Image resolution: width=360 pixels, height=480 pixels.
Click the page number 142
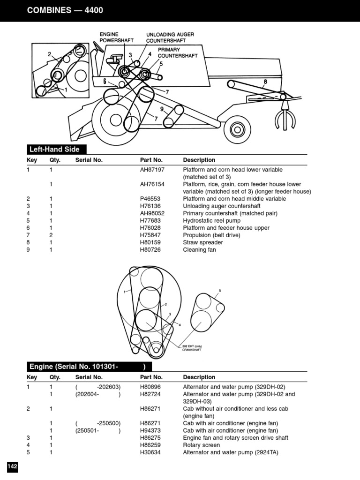tap(12, 466)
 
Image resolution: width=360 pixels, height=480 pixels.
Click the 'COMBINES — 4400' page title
tap(65, 10)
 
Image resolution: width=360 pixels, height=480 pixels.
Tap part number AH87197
tap(152, 170)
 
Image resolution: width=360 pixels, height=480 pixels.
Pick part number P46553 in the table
tap(150, 199)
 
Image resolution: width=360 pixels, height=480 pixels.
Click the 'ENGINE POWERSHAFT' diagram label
tap(116, 37)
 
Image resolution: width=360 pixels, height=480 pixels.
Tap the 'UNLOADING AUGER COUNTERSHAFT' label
tap(170, 37)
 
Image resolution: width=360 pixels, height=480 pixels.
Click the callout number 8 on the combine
tap(265, 82)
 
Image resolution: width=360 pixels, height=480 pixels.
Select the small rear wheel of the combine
tap(237, 132)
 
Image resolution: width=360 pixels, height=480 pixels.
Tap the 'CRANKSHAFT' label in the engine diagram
tap(192, 350)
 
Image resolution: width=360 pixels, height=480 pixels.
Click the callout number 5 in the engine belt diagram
tap(219, 291)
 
